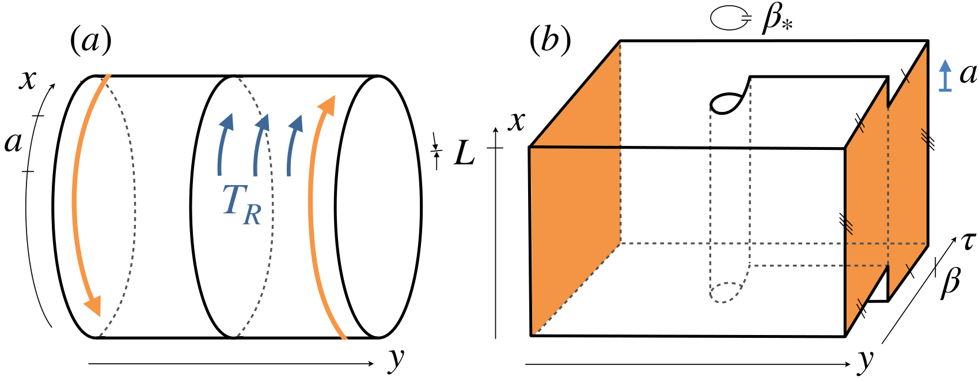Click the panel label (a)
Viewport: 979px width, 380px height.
coord(91,42)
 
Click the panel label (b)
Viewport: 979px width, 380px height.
coord(550,42)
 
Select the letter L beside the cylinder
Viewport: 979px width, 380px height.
coord(464,153)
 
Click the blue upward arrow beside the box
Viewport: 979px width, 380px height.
coord(946,76)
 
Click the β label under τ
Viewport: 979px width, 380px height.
coord(950,283)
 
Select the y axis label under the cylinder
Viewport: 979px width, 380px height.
coord(395,360)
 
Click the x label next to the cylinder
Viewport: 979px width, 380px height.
coord(27,80)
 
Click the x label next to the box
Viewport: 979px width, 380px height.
coord(516,122)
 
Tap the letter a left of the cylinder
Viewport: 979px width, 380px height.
coord(13,143)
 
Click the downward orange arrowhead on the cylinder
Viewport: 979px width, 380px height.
coord(93,306)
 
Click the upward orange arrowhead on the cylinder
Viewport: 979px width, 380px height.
coord(327,106)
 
